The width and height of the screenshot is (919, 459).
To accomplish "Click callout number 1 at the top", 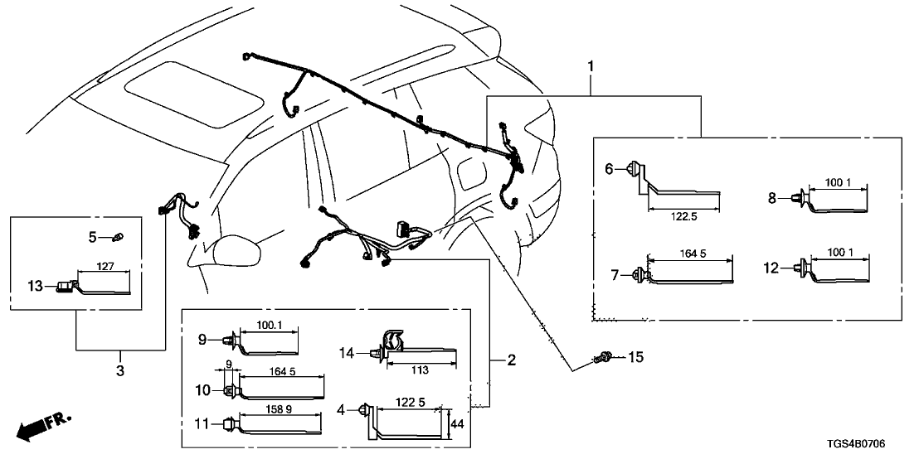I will click(591, 65).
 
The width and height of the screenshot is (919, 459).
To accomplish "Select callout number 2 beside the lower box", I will click(512, 360).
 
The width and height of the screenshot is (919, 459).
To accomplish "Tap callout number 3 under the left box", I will click(120, 371).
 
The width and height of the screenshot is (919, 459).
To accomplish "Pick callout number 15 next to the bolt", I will click(635, 357).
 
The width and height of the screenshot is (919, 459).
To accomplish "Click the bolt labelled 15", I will click(603, 359).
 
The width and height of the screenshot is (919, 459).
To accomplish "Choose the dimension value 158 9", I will click(278, 409).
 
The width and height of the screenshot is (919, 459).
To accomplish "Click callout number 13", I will click(34, 286).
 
